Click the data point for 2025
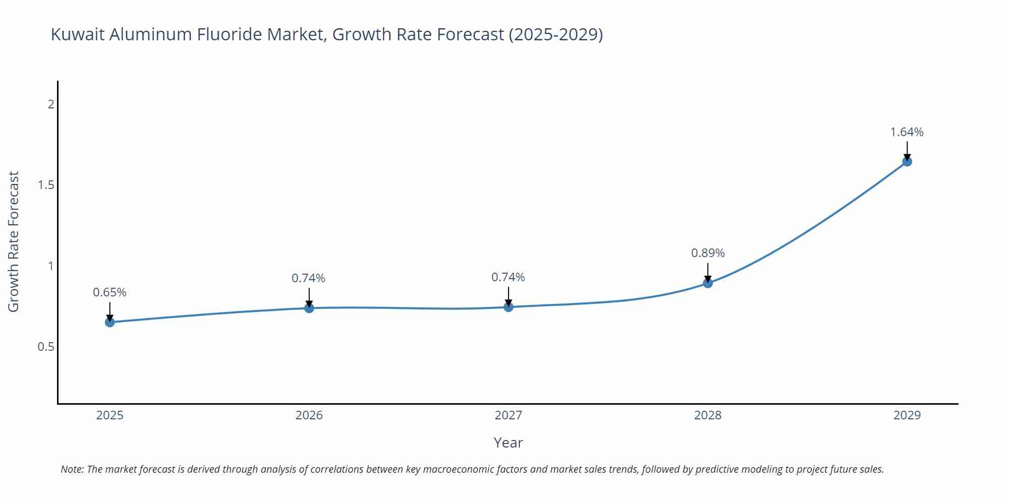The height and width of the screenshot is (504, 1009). point(110,322)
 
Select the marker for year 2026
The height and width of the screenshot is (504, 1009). point(309,308)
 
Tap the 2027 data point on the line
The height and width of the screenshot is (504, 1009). point(509,307)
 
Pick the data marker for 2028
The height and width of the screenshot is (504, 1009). point(708,283)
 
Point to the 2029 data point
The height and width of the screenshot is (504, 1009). point(907,162)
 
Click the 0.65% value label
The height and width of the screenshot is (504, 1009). point(109,292)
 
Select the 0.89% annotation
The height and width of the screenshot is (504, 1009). point(708,253)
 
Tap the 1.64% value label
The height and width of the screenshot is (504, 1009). point(907,132)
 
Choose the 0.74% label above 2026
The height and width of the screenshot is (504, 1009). point(308,278)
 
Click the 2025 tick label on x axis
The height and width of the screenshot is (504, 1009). point(110,415)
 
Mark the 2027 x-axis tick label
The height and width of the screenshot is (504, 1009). point(509,415)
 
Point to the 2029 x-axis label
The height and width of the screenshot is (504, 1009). point(907,415)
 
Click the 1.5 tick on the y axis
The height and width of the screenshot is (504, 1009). point(46,185)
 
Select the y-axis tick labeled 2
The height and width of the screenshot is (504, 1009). point(51,104)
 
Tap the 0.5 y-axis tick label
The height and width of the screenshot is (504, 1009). point(46,347)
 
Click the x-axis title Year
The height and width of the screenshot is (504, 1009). point(508,443)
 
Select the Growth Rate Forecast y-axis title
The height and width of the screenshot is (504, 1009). point(14,242)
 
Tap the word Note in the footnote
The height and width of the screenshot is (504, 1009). point(72,469)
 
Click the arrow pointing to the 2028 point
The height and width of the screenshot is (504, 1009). point(708,272)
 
